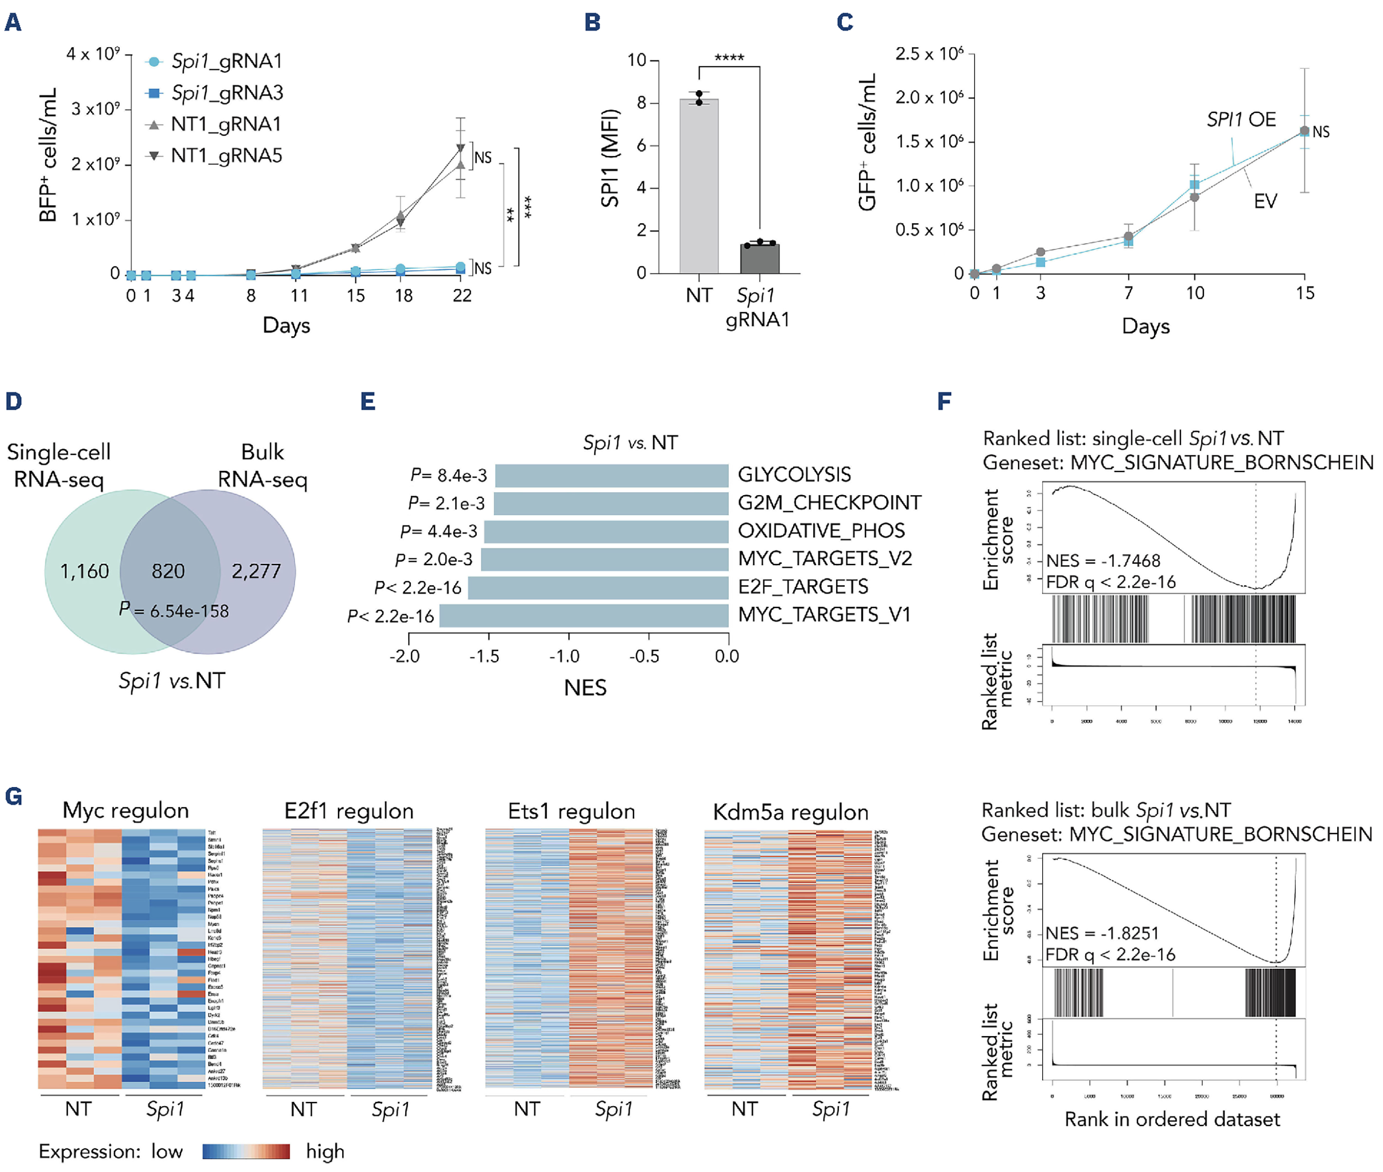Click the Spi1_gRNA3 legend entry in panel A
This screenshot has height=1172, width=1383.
(x=227, y=93)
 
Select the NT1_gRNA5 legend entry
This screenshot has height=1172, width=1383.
(x=226, y=155)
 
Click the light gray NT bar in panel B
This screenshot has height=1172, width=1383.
(x=699, y=186)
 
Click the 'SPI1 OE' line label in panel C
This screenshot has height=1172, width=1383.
(x=1241, y=119)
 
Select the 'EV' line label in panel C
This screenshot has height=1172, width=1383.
(x=1265, y=201)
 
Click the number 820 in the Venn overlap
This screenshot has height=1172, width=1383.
(x=168, y=571)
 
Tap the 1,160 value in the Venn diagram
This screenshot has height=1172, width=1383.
(x=84, y=571)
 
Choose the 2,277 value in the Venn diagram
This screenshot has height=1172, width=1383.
(x=256, y=571)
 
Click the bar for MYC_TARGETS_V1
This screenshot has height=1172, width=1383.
(x=584, y=615)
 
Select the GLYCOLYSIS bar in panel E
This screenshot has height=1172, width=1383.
(x=611, y=475)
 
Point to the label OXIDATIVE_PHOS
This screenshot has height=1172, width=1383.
(x=821, y=531)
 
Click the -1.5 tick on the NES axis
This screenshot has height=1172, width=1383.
(x=485, y=656)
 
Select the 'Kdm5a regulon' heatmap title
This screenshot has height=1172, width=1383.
(x=790, y=812)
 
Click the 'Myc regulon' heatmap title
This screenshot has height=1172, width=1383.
(x=126, y=810)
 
